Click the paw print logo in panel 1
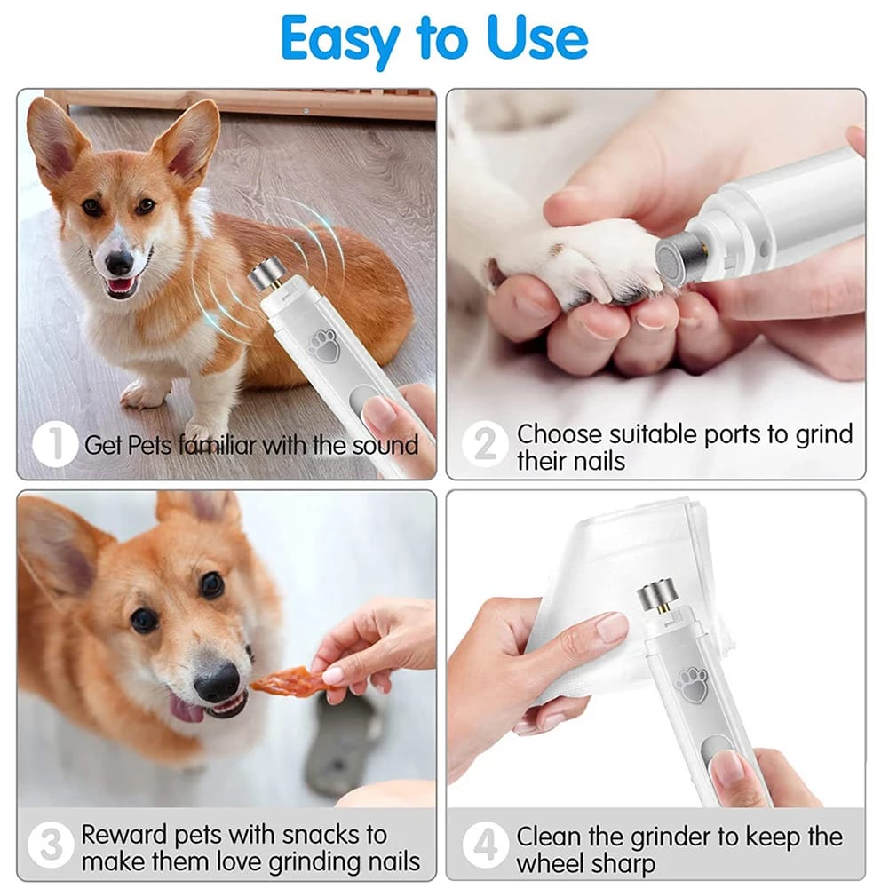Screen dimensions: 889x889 coord(324,345)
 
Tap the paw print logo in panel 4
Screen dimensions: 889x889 coord(691,684)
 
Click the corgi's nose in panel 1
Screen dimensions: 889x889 coord(119,262)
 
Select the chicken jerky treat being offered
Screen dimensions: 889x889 coord(282,682)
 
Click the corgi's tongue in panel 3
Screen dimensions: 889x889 coord(187,709)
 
